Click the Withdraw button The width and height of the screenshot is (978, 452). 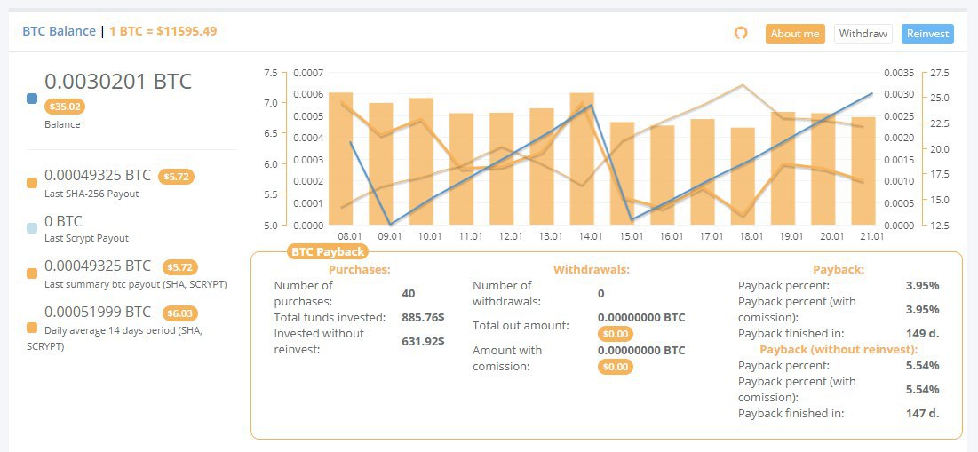coord(863,34)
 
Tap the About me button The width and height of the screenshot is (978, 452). coord(795,34)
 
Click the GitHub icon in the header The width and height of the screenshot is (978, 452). coord(741,33)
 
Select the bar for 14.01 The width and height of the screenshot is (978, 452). coord(582,158)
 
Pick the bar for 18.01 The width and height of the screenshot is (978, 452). coord(743,176)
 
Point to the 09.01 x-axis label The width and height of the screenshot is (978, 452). coord(390,236)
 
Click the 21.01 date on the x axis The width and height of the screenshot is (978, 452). coord(871,236)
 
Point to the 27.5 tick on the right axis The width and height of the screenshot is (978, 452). coord(940,73)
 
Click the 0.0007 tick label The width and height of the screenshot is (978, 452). coord(307,73)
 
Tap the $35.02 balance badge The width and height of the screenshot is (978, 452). coord(65,107)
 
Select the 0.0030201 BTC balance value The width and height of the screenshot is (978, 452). coord(118,82)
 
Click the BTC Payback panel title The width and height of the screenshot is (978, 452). coord(328,252)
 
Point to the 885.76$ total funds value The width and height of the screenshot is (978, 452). coord(423,317)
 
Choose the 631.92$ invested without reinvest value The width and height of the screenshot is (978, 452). coord(423,341)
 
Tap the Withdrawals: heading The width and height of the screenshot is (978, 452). coord(591,268)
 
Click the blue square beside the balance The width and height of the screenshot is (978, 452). coord(32,99)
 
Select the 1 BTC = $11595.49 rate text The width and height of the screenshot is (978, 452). coord(163,31)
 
